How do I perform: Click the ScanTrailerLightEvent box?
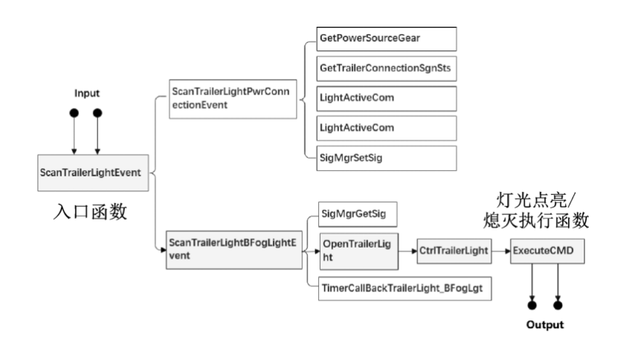point(93,173)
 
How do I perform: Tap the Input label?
point(87,94)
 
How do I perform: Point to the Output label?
point(545,324)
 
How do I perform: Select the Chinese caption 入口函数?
point(90,212)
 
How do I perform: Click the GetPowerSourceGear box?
point(387,39)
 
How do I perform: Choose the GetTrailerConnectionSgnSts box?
point(387,68)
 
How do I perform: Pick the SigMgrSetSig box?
point(387,158)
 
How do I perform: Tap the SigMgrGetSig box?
point(358,214)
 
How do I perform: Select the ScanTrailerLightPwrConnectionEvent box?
point(233,99)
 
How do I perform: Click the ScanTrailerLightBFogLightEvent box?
point(234,250)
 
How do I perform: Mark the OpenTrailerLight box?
point(359,251)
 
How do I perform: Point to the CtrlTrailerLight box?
point(454,251)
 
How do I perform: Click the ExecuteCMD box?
point(547,251)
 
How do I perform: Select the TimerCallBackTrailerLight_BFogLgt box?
point(405,288)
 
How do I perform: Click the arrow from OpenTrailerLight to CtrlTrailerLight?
point(407,251)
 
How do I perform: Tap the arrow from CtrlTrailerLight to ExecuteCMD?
point(501,251)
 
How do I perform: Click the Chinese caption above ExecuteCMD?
point(536,210)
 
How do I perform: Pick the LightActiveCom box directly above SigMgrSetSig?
point(387,128)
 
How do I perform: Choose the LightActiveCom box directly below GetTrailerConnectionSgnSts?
point(387,99)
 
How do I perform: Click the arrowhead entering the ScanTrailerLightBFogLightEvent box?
point(164,250)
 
